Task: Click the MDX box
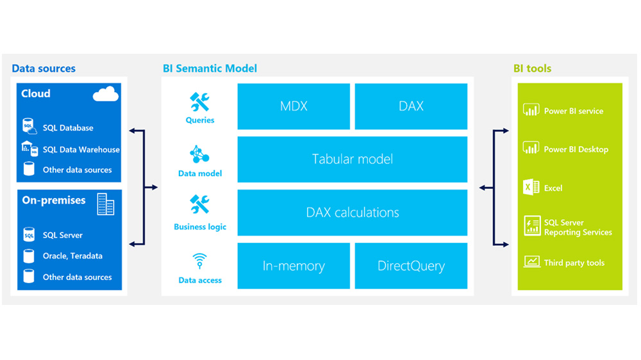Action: coord(294,106)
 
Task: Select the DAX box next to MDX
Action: coord(411,106)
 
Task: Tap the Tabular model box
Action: coord(352,159)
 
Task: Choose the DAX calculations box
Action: coord(352,212)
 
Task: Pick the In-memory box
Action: coord(294,265)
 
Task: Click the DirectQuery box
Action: coord(411,265)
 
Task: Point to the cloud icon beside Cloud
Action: coord(106,95)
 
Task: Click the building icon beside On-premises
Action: coord(106,204)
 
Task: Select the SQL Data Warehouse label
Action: coord(81,150)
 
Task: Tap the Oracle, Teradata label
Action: coord(72,256)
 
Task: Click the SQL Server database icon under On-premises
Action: coord(29,235)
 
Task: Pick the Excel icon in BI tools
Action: coord(531,188)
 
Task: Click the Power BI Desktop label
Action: coord(576,149)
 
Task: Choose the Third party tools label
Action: coord(574,263)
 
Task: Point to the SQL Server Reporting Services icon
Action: coord(531,226)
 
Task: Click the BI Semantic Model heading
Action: coord(210,69)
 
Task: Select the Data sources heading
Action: coord(44,69)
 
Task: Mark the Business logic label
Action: coord(200,227)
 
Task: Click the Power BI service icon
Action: coord(531,110)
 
